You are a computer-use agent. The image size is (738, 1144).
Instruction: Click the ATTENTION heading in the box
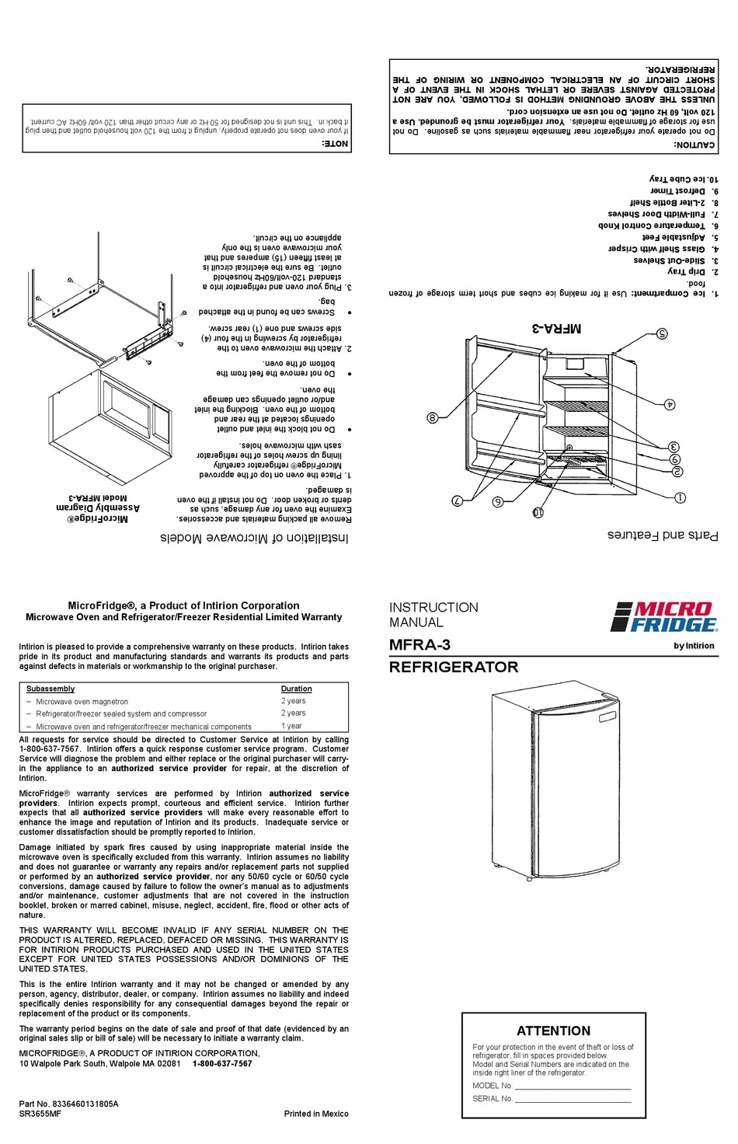(x=553, y=1031)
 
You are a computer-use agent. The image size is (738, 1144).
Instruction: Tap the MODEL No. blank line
(x=573, y=1086)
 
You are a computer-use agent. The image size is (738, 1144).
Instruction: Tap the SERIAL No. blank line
(x=573, y=1100)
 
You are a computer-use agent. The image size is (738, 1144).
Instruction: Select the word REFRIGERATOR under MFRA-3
(x=454, y=667)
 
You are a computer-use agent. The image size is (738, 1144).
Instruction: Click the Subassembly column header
(x=50, y=689)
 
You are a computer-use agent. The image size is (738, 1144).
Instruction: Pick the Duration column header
(x=296, y=689)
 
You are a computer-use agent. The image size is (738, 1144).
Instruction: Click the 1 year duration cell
(x=291, y=726)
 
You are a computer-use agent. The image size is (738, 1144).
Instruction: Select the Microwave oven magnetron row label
(x=82, y=701)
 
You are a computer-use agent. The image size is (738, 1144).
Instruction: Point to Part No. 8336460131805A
(x=69, y=1104)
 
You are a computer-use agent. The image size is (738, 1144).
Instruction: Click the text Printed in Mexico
(x=316, y=1114)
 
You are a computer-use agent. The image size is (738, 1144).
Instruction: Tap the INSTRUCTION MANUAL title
(x=433, y=615)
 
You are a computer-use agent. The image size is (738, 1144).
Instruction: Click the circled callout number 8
(x=433, y=417)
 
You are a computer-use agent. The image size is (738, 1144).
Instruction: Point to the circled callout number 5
(x=662, y=334)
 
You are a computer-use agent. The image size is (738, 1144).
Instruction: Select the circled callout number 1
(x=680, y=497)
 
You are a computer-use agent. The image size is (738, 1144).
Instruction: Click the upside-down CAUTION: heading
(x=694, y=145)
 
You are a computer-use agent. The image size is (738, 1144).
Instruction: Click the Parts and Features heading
(x=663, y=535)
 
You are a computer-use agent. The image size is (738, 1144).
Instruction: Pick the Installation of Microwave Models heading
(x=255, y=538)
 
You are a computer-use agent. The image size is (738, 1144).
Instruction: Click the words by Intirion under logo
(x=694, y=646)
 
